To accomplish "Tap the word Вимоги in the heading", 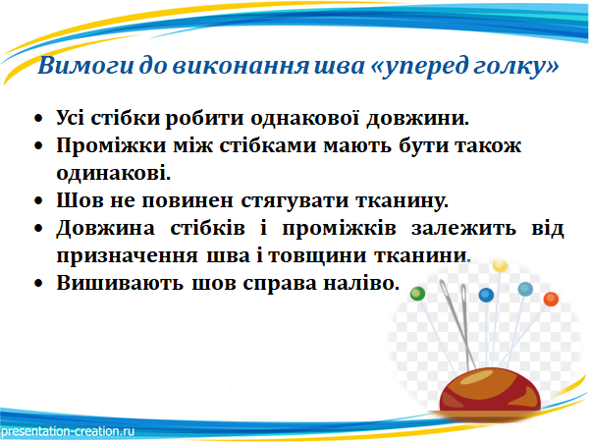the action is (85, 66).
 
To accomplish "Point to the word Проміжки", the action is (111, 145).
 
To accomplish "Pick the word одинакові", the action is (114, 173).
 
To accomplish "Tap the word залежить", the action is (463, 228).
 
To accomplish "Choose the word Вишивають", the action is (120, 283).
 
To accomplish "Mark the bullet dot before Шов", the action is (38, 201).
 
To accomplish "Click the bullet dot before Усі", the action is (38, 119).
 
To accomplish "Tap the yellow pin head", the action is (500, 266).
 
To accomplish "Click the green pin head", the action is (417, 294).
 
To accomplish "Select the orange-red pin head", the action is (551, 300).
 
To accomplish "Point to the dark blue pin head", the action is (486, 295).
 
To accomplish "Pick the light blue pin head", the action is (525, 289).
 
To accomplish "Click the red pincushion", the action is (490, 391).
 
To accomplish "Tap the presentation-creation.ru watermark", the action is (68, 431).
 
